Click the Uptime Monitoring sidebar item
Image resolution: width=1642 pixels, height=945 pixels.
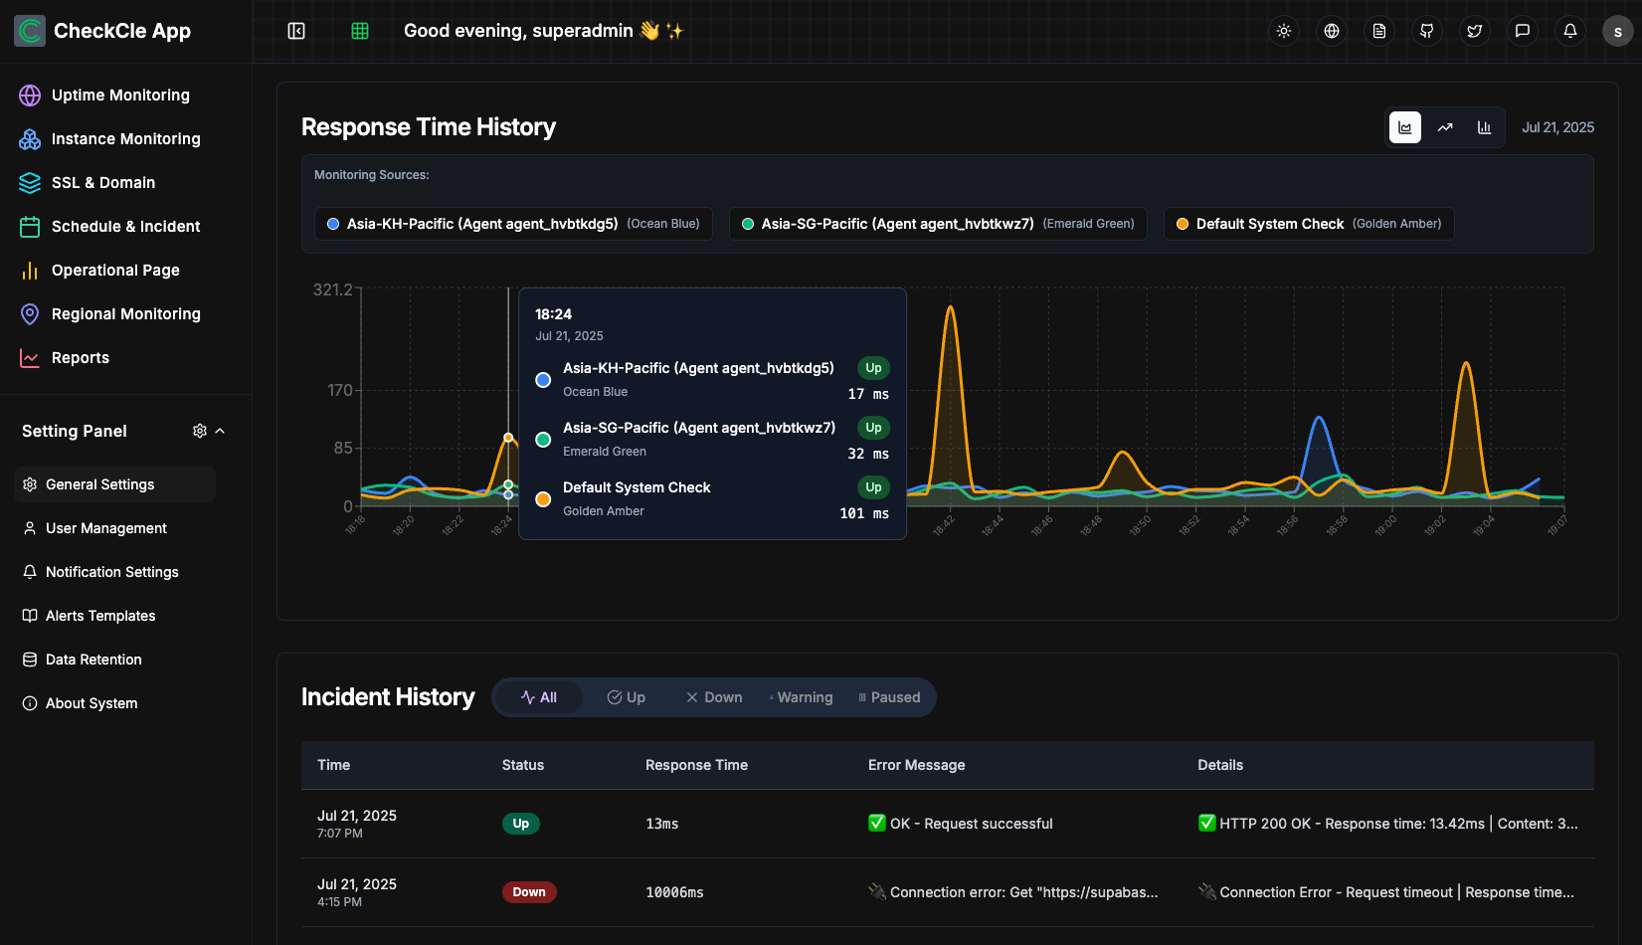pos(119,95)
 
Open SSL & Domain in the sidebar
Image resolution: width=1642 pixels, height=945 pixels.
pos(102,183)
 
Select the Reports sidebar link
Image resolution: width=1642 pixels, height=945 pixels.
pos(80,358)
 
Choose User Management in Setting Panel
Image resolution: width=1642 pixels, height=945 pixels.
pos(105,528)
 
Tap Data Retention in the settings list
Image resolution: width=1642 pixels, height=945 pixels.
pos(93,660)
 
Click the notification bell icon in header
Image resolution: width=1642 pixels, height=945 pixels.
pos(1570,31)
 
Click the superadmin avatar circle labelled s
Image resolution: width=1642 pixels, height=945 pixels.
pos(1618,32)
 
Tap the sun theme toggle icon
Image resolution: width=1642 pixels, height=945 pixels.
pos(1284,31)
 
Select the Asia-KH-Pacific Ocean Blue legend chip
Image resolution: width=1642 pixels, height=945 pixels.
pos(513,224)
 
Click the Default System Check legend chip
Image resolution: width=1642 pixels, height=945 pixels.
pos(1309,224)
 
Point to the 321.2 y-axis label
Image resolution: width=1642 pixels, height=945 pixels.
pos(332,289)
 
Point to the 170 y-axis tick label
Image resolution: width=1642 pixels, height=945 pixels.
pos(340,390)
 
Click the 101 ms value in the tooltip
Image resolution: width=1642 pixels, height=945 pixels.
pos(864,513)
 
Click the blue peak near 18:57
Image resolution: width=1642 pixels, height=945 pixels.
pos(1320,419)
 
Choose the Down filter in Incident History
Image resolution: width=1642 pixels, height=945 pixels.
pos(714,697)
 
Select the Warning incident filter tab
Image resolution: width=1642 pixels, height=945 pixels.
pos(802,697)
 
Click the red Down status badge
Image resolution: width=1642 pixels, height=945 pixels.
pos(529,892)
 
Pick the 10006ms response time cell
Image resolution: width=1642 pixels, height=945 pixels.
pos(674,892)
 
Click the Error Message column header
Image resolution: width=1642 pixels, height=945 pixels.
pos(916,765)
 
